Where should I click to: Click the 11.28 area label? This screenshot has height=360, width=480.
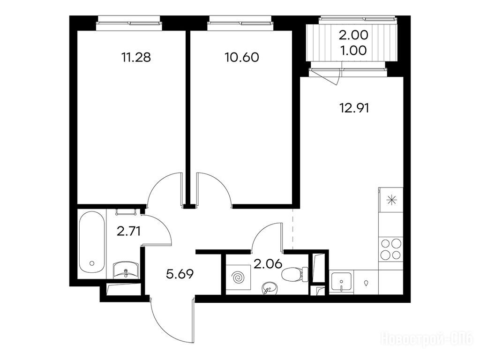[x=136, y=57]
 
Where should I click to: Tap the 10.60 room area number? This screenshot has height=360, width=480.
[x=242, y=57]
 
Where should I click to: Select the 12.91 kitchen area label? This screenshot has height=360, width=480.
[x=354, y=108]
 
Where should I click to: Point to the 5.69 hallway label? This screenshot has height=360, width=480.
[x=180, y=274]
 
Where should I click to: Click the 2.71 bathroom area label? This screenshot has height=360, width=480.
[x=129, y=231]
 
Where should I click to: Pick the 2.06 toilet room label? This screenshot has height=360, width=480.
[x=268, y=263]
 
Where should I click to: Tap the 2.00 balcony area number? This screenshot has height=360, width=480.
[x=353, y=35]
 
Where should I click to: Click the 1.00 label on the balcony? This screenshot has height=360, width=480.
[x=353, y=51]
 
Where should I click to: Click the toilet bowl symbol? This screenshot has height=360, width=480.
[x=295, y=274]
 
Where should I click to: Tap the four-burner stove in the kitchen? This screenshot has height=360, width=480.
[x=391, y=249]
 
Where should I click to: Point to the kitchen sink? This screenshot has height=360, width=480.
[x=342, y=282]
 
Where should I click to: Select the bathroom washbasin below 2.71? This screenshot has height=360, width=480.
[x=126, y=270]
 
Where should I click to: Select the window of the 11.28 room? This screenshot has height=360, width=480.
[x=128, y=23]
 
